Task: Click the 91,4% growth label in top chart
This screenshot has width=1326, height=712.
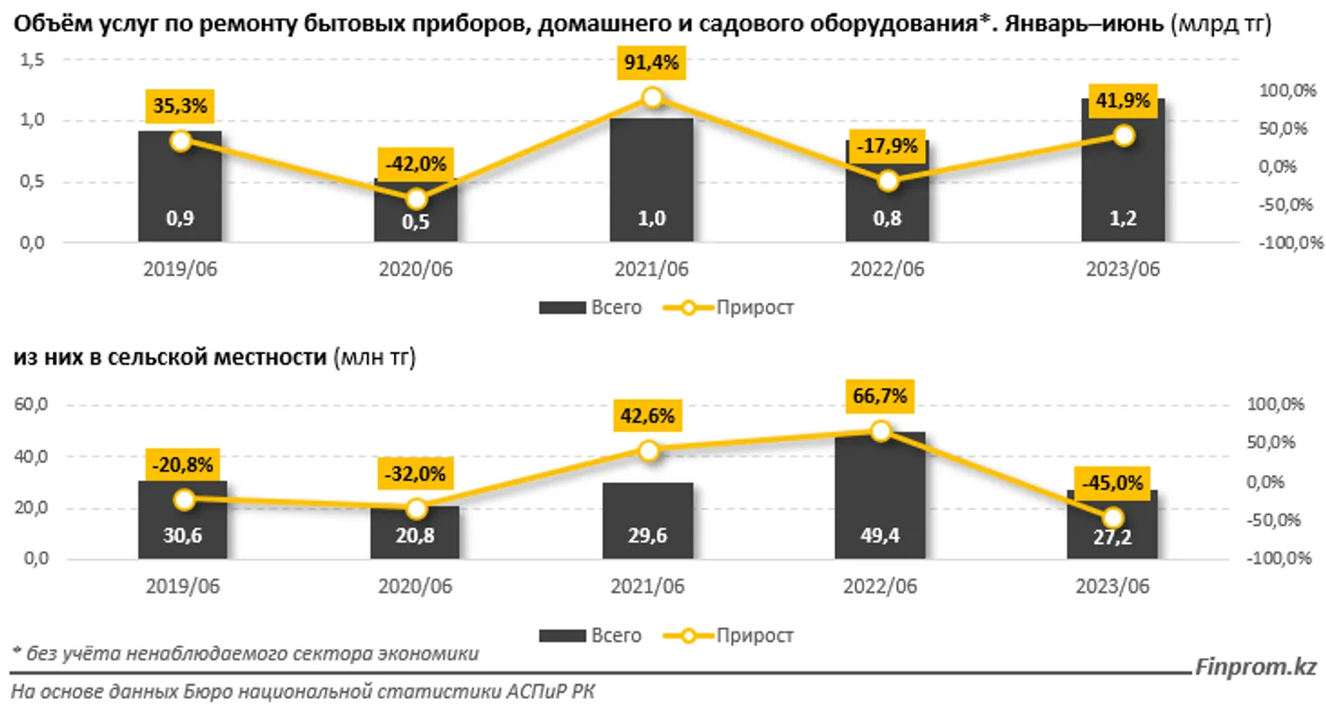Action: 651,63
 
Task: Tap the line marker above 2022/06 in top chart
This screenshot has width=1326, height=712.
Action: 888,181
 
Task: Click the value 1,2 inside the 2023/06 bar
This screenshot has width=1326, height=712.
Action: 1123,219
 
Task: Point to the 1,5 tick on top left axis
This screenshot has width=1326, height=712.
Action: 32,60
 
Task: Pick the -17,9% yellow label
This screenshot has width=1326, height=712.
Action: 888,146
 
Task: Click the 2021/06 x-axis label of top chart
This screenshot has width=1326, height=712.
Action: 651,269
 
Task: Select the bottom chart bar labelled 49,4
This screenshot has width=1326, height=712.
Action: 880,499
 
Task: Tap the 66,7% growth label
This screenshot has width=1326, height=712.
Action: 880,396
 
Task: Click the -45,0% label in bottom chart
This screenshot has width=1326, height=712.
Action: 1112,483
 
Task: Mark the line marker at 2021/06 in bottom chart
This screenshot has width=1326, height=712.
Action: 649,451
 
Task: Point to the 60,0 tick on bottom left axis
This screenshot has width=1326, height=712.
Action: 31,405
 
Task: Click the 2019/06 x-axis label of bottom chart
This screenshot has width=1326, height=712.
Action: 182,586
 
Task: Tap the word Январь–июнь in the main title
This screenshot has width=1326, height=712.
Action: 1083,24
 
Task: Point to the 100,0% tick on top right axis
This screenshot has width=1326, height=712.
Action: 1287,91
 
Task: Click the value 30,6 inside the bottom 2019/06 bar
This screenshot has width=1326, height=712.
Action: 182,535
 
